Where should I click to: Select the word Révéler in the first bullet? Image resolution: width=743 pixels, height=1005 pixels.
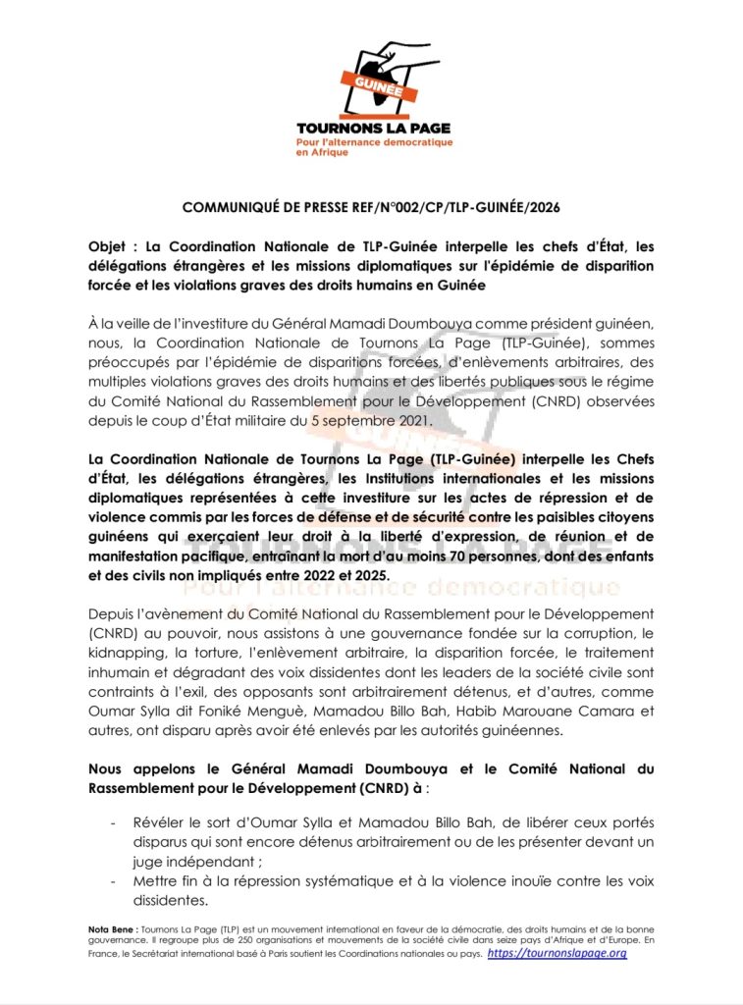click(x=160, y=821)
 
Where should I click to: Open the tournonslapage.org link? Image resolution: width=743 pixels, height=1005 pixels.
click(x=557, y=952)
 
